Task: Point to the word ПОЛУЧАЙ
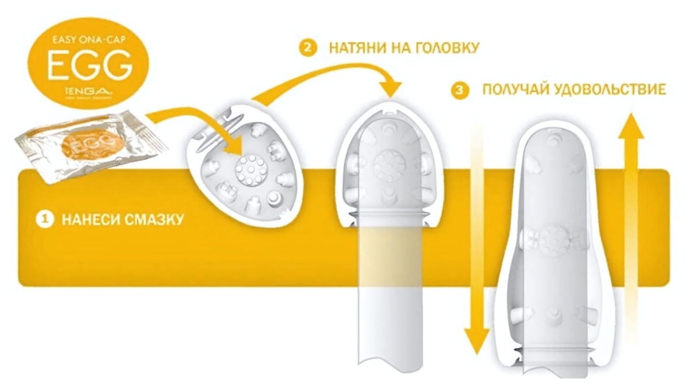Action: [515, 90]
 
